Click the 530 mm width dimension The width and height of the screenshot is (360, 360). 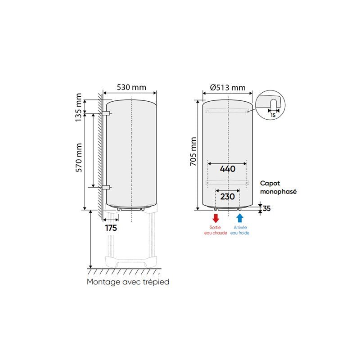click(x=130, y=87)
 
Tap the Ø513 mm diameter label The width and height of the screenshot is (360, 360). click(x=228, y=87)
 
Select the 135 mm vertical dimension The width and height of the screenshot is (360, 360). click(x=79, y=107)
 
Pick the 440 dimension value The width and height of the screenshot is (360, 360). click(x=228, y=169)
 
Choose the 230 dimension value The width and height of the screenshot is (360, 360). click(x=228, y=197)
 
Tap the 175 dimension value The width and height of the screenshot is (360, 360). click(x=111, y=228)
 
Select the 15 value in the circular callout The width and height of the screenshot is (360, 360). click(x=273, y=115)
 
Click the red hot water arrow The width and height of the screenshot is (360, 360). click(x=216, y=218)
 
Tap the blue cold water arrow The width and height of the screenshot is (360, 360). click(x=240, y=218)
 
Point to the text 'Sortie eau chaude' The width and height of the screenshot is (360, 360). click(x=216, y=230)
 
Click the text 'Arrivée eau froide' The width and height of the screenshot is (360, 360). click(x=240, y=230)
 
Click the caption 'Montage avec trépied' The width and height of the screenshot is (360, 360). click(x=128, y=282)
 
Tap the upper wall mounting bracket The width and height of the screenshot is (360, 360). click(x=106, y=112)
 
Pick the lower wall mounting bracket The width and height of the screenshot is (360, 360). click(x=106, y=187)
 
